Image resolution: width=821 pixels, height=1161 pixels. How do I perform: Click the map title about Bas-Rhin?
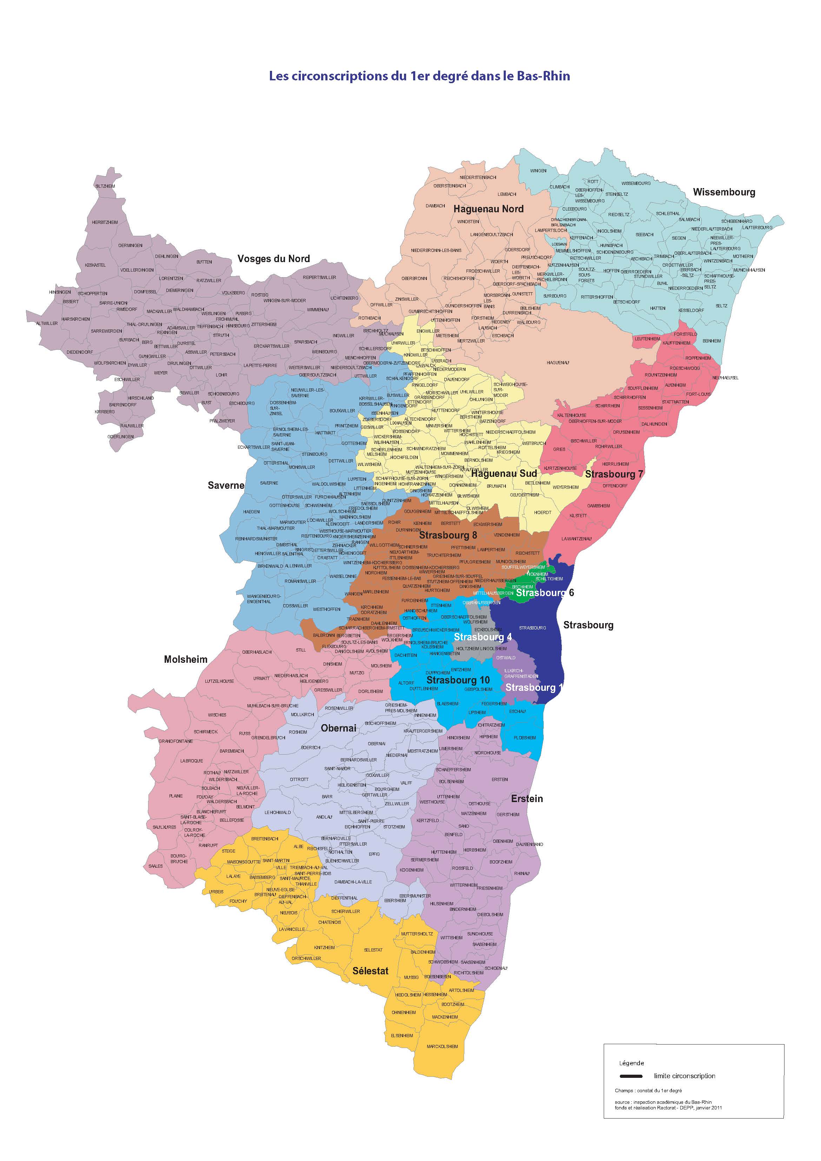point(419,76)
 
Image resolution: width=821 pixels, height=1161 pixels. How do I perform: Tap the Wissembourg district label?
point(723,192)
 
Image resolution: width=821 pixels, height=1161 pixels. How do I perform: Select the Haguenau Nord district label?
point(488,209)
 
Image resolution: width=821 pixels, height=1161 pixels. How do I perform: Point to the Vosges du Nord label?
point(274,259)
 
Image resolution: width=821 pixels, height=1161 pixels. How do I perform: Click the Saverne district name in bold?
point(226,486)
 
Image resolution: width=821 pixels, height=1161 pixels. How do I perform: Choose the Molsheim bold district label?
point(186,659)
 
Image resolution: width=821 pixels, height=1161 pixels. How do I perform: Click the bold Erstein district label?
point(527,799)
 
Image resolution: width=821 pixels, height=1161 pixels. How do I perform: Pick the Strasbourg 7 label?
point(614,474)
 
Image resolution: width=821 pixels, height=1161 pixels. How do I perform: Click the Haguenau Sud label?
point(504,474)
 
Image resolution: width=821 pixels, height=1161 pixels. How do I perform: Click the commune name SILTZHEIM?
point(105,186)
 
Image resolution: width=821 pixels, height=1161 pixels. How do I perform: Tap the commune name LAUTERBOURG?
point(757,228)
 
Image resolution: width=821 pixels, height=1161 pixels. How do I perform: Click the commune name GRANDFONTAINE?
point(176,741)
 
